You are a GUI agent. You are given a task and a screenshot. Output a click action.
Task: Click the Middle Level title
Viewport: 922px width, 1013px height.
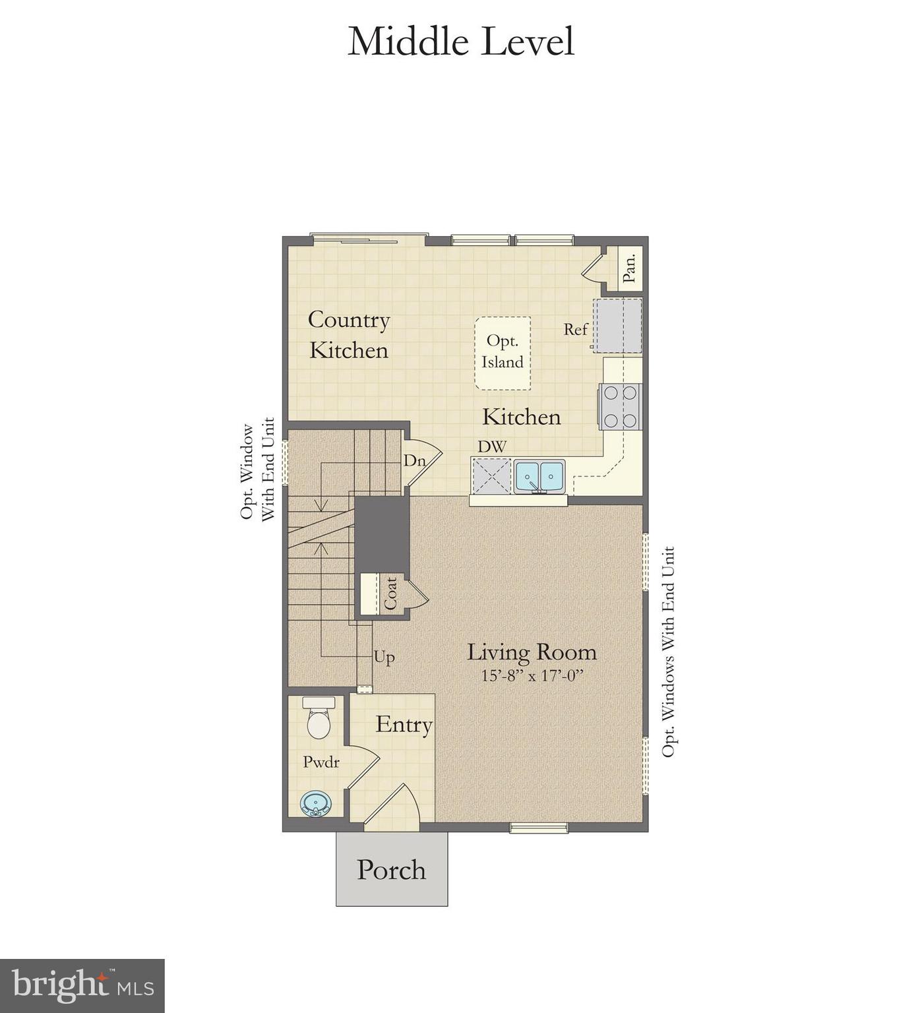pyautogui.click(x=460, y=41)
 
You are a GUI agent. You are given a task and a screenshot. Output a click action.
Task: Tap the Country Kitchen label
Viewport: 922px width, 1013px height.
pyautogui.click(x=349, y=334)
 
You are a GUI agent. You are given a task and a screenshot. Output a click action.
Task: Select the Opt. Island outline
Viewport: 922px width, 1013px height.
pyautogui.click(x=503, y=352)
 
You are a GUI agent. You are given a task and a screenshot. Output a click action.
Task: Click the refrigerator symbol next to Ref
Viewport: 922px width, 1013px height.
pyautogui.click(x=618, y=326)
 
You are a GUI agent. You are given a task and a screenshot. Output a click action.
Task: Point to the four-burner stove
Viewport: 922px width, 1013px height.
pyautogui.click(x=621, y=406)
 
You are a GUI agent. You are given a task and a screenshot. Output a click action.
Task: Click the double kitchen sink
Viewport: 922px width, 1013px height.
pyautogui.click(x=539, y=476)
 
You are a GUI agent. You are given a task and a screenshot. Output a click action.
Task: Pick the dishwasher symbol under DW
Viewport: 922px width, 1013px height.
pyautogui.click(x=491, y=475)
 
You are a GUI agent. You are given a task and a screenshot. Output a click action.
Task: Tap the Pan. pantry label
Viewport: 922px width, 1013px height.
pyautogui.click(x=630, y=268)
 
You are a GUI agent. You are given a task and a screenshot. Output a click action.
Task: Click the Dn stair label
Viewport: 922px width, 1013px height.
pyautogui.click(x=414, y=460)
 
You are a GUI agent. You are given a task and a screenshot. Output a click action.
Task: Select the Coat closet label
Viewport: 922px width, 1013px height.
pyautogui.click(x=390, y=593)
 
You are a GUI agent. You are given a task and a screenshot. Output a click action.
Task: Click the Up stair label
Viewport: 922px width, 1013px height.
pyautogui.click(x=384, y=657)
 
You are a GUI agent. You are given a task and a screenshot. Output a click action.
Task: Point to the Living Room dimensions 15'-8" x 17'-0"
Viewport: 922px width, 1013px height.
pyautogui.click(x=532, y=675)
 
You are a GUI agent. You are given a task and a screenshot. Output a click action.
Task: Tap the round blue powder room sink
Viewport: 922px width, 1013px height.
pyautogui.click(x=316, y=804)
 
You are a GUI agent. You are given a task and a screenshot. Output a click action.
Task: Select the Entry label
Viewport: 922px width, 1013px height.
pyautogui.click(x=404, y=724)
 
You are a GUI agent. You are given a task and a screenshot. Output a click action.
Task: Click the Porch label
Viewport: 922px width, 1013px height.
pyautogui.click(x=391, y=869)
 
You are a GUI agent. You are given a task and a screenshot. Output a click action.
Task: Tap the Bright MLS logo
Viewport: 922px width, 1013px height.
pyautogui.click(x=82, y=986)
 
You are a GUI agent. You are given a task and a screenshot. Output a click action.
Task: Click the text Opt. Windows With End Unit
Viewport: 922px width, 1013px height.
pyautogui.click(x=668, y=652)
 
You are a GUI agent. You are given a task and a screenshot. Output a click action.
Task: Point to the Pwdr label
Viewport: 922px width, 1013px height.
pyautogui.click(x=321, y=762)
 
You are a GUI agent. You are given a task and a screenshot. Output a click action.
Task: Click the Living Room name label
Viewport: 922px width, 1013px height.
pyautogui.click(x=532, y=652)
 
